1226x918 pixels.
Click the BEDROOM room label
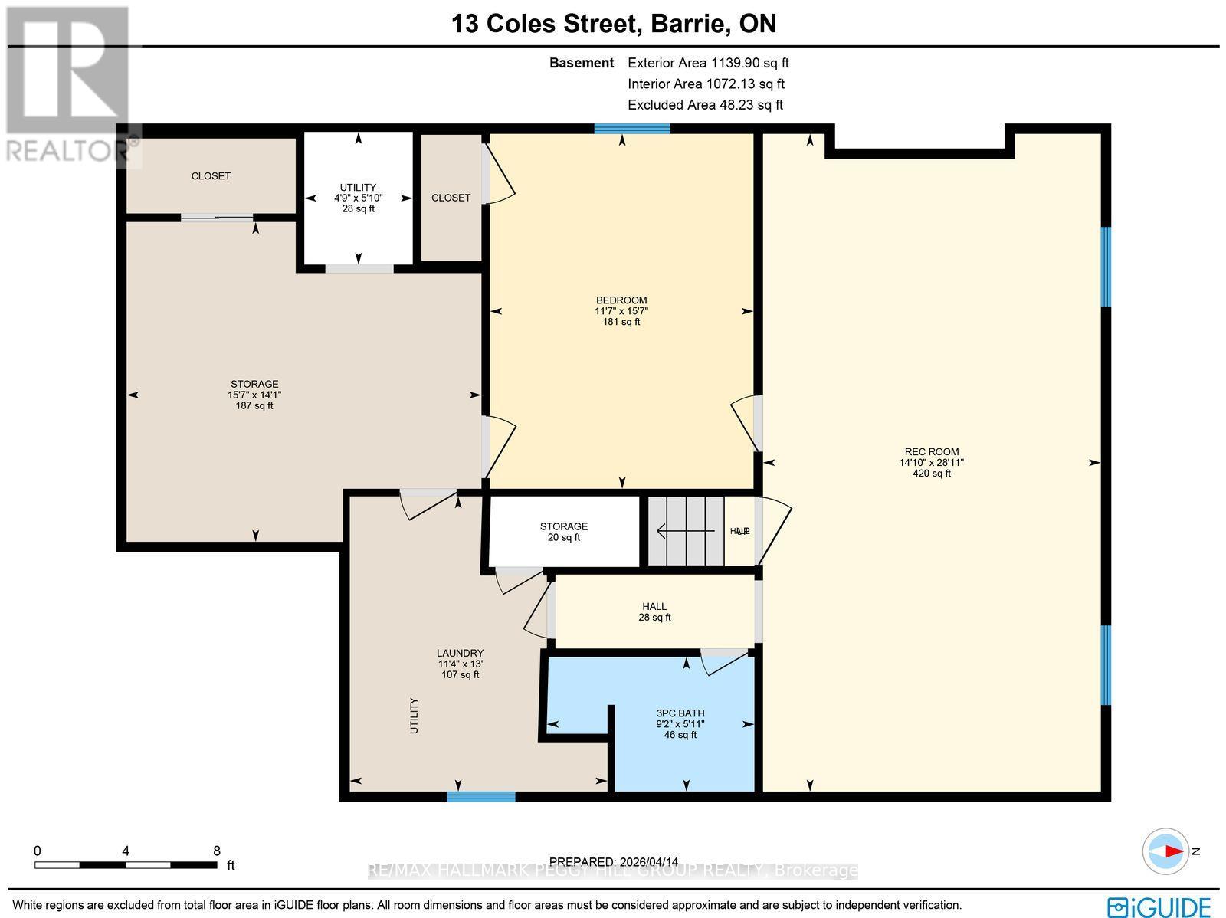621,310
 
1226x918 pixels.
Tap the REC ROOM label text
931,462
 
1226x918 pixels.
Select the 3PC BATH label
680,723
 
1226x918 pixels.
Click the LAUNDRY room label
460,664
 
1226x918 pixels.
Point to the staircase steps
686,530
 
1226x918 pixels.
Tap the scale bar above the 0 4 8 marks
126,865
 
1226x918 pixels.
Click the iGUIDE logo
1159,906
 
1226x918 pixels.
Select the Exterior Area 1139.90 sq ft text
708,63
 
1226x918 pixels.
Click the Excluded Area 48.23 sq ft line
705,105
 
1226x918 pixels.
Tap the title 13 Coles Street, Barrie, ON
614,24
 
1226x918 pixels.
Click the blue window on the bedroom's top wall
632,128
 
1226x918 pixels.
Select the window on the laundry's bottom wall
481,797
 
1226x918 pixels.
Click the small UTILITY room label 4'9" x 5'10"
358,198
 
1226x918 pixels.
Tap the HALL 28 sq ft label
654,611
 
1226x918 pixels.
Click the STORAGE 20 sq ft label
563,532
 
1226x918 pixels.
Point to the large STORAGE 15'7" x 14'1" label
254,395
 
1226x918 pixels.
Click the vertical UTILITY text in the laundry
414,715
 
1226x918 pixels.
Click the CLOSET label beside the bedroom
451,198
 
